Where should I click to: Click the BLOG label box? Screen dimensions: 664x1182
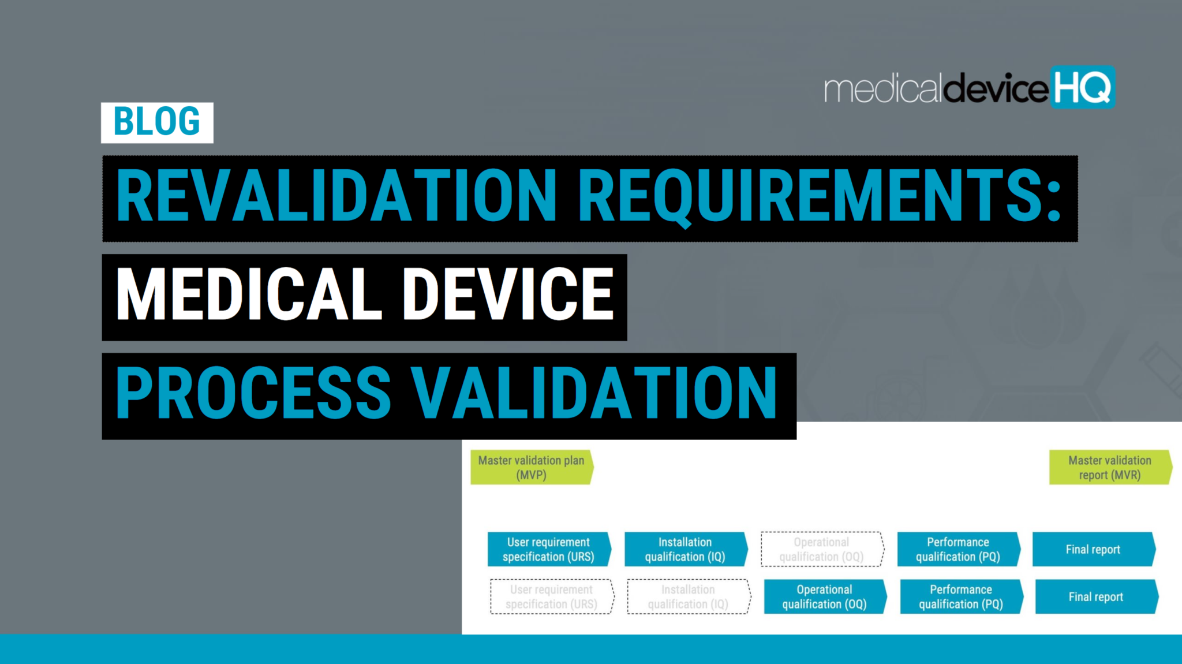click(x=157, y=122)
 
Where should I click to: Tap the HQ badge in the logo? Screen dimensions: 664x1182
click(x=1082, y=88)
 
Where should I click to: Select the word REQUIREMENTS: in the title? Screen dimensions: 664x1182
click(x=820, y=196)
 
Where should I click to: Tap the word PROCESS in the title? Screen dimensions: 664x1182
click(x=254, y=394)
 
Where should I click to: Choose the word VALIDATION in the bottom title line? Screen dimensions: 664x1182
click(x=594, y=394)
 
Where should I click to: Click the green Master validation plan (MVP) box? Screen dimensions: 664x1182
click(x=531, y=468)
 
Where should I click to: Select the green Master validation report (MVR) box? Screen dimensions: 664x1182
click(x=1109, y=468)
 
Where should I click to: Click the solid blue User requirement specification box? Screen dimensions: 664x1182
click(x=548, y=549)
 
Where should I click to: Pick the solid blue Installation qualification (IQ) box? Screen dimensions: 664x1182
click(x=685, y=549)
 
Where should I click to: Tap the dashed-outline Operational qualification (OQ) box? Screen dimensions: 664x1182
click(x=821, y=549)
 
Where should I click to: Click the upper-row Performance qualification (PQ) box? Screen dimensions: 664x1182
click(x=958, y=549)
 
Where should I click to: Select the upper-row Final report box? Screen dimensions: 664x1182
click(x=1093, y=549)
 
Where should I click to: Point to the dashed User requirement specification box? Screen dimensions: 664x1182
click(x=551, y=596)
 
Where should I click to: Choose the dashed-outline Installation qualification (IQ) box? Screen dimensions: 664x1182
click(x=688, y=596)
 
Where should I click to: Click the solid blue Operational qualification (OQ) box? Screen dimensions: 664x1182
click(x=824, y=596)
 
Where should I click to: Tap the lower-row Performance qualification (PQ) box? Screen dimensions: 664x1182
click(x=961, y=596)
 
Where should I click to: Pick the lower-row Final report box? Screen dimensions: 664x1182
click(x=1096, y=596)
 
